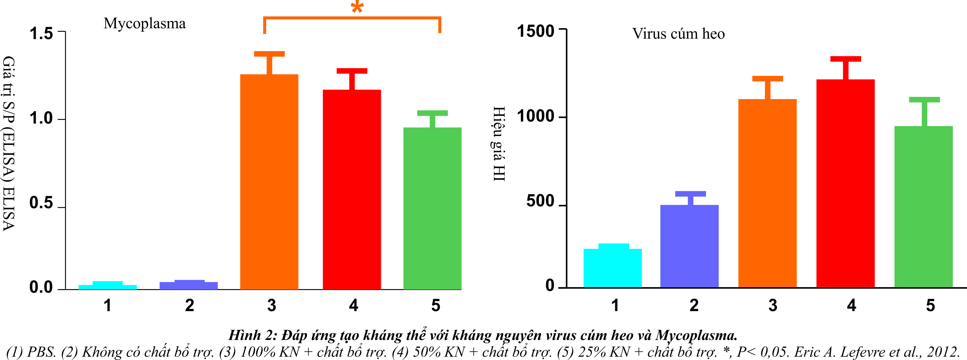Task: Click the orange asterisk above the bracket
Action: pos(357,7)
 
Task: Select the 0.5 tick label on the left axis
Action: pos(41,203)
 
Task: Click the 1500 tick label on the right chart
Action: pos(536,31)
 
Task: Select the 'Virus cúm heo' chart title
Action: pos(678,34)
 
